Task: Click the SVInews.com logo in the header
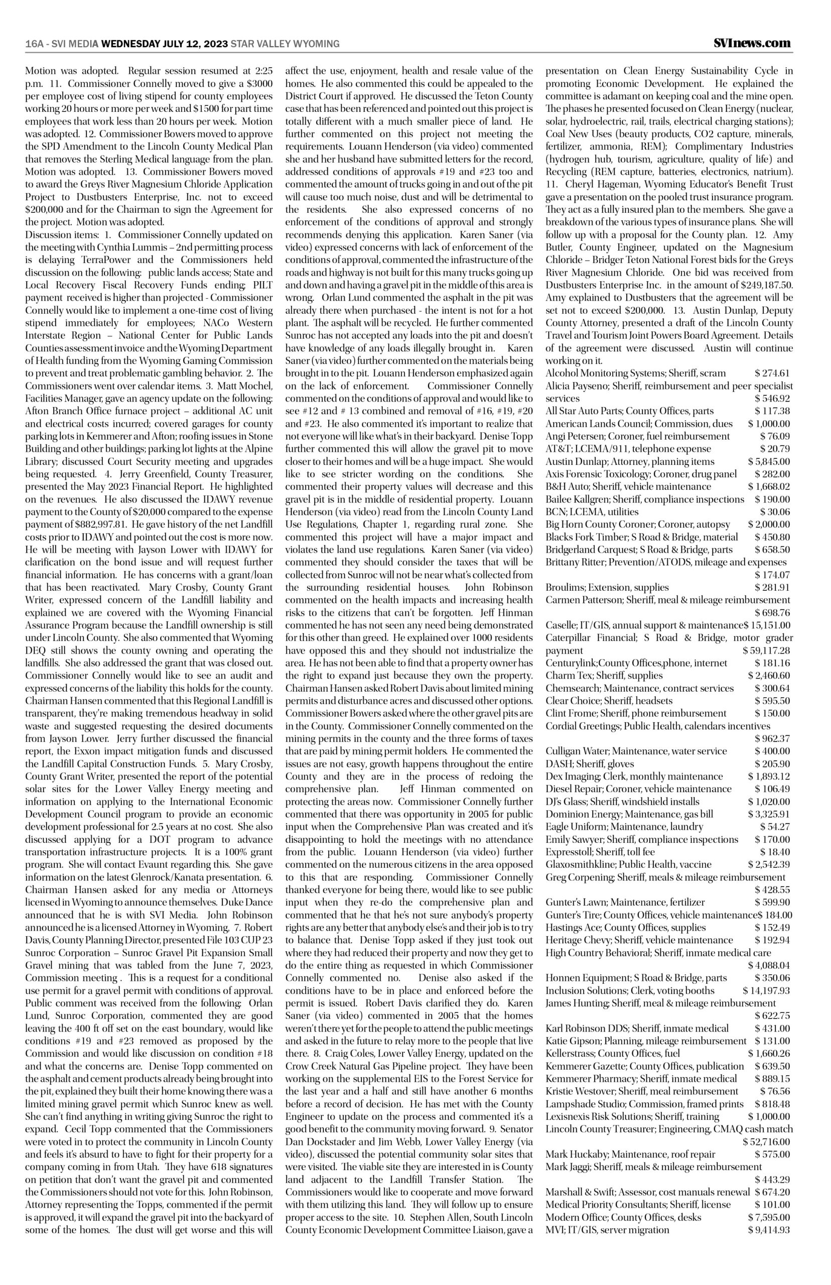pos(751,43)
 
